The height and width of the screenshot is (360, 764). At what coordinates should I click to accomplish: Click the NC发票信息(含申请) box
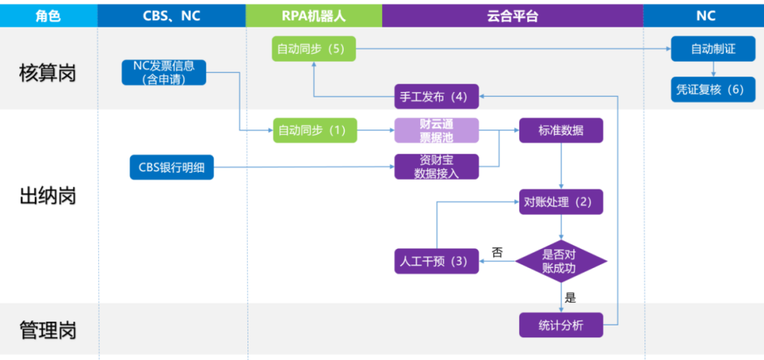(x=163, y=73)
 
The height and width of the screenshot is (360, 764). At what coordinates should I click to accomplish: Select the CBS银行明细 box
(x=171, y=167)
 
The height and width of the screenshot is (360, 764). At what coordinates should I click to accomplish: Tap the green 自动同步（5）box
(x=314, y=49)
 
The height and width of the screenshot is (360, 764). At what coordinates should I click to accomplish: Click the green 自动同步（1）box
(x=315, y=131)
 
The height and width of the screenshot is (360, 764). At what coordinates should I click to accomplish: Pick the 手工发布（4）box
(x=436, y=96)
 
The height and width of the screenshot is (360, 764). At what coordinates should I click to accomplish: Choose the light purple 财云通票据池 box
(x=436, y=131)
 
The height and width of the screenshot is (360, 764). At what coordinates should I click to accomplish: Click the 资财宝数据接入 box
(x=436, y=167)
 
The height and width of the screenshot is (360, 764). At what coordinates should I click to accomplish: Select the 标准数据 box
(x=561, y=131)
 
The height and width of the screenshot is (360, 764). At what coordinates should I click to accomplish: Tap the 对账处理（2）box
(x=561, y=202)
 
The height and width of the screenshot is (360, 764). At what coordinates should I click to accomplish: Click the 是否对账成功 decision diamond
(x=561, y=261)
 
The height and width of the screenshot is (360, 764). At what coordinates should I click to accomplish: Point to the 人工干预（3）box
(x=436, y=261)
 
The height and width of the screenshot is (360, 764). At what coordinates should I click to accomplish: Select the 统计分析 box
(x=561, y=325)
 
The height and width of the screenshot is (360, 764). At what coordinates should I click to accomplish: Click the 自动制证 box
(x=713, y=49)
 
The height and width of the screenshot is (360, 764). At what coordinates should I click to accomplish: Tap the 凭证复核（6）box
(x=713, y=90)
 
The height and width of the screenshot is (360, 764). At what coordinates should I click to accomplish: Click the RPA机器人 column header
(x=314, y=16)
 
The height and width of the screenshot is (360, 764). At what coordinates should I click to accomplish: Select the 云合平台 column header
(x=513, y=16)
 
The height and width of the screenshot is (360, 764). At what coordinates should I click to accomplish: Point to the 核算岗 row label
(x=48, y=74)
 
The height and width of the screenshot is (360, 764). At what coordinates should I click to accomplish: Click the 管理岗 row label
(x=48, y=330)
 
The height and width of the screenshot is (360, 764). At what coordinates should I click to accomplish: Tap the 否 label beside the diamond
(x=497, y=252)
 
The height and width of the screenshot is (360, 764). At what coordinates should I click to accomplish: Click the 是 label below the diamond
(x=571, y=298)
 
